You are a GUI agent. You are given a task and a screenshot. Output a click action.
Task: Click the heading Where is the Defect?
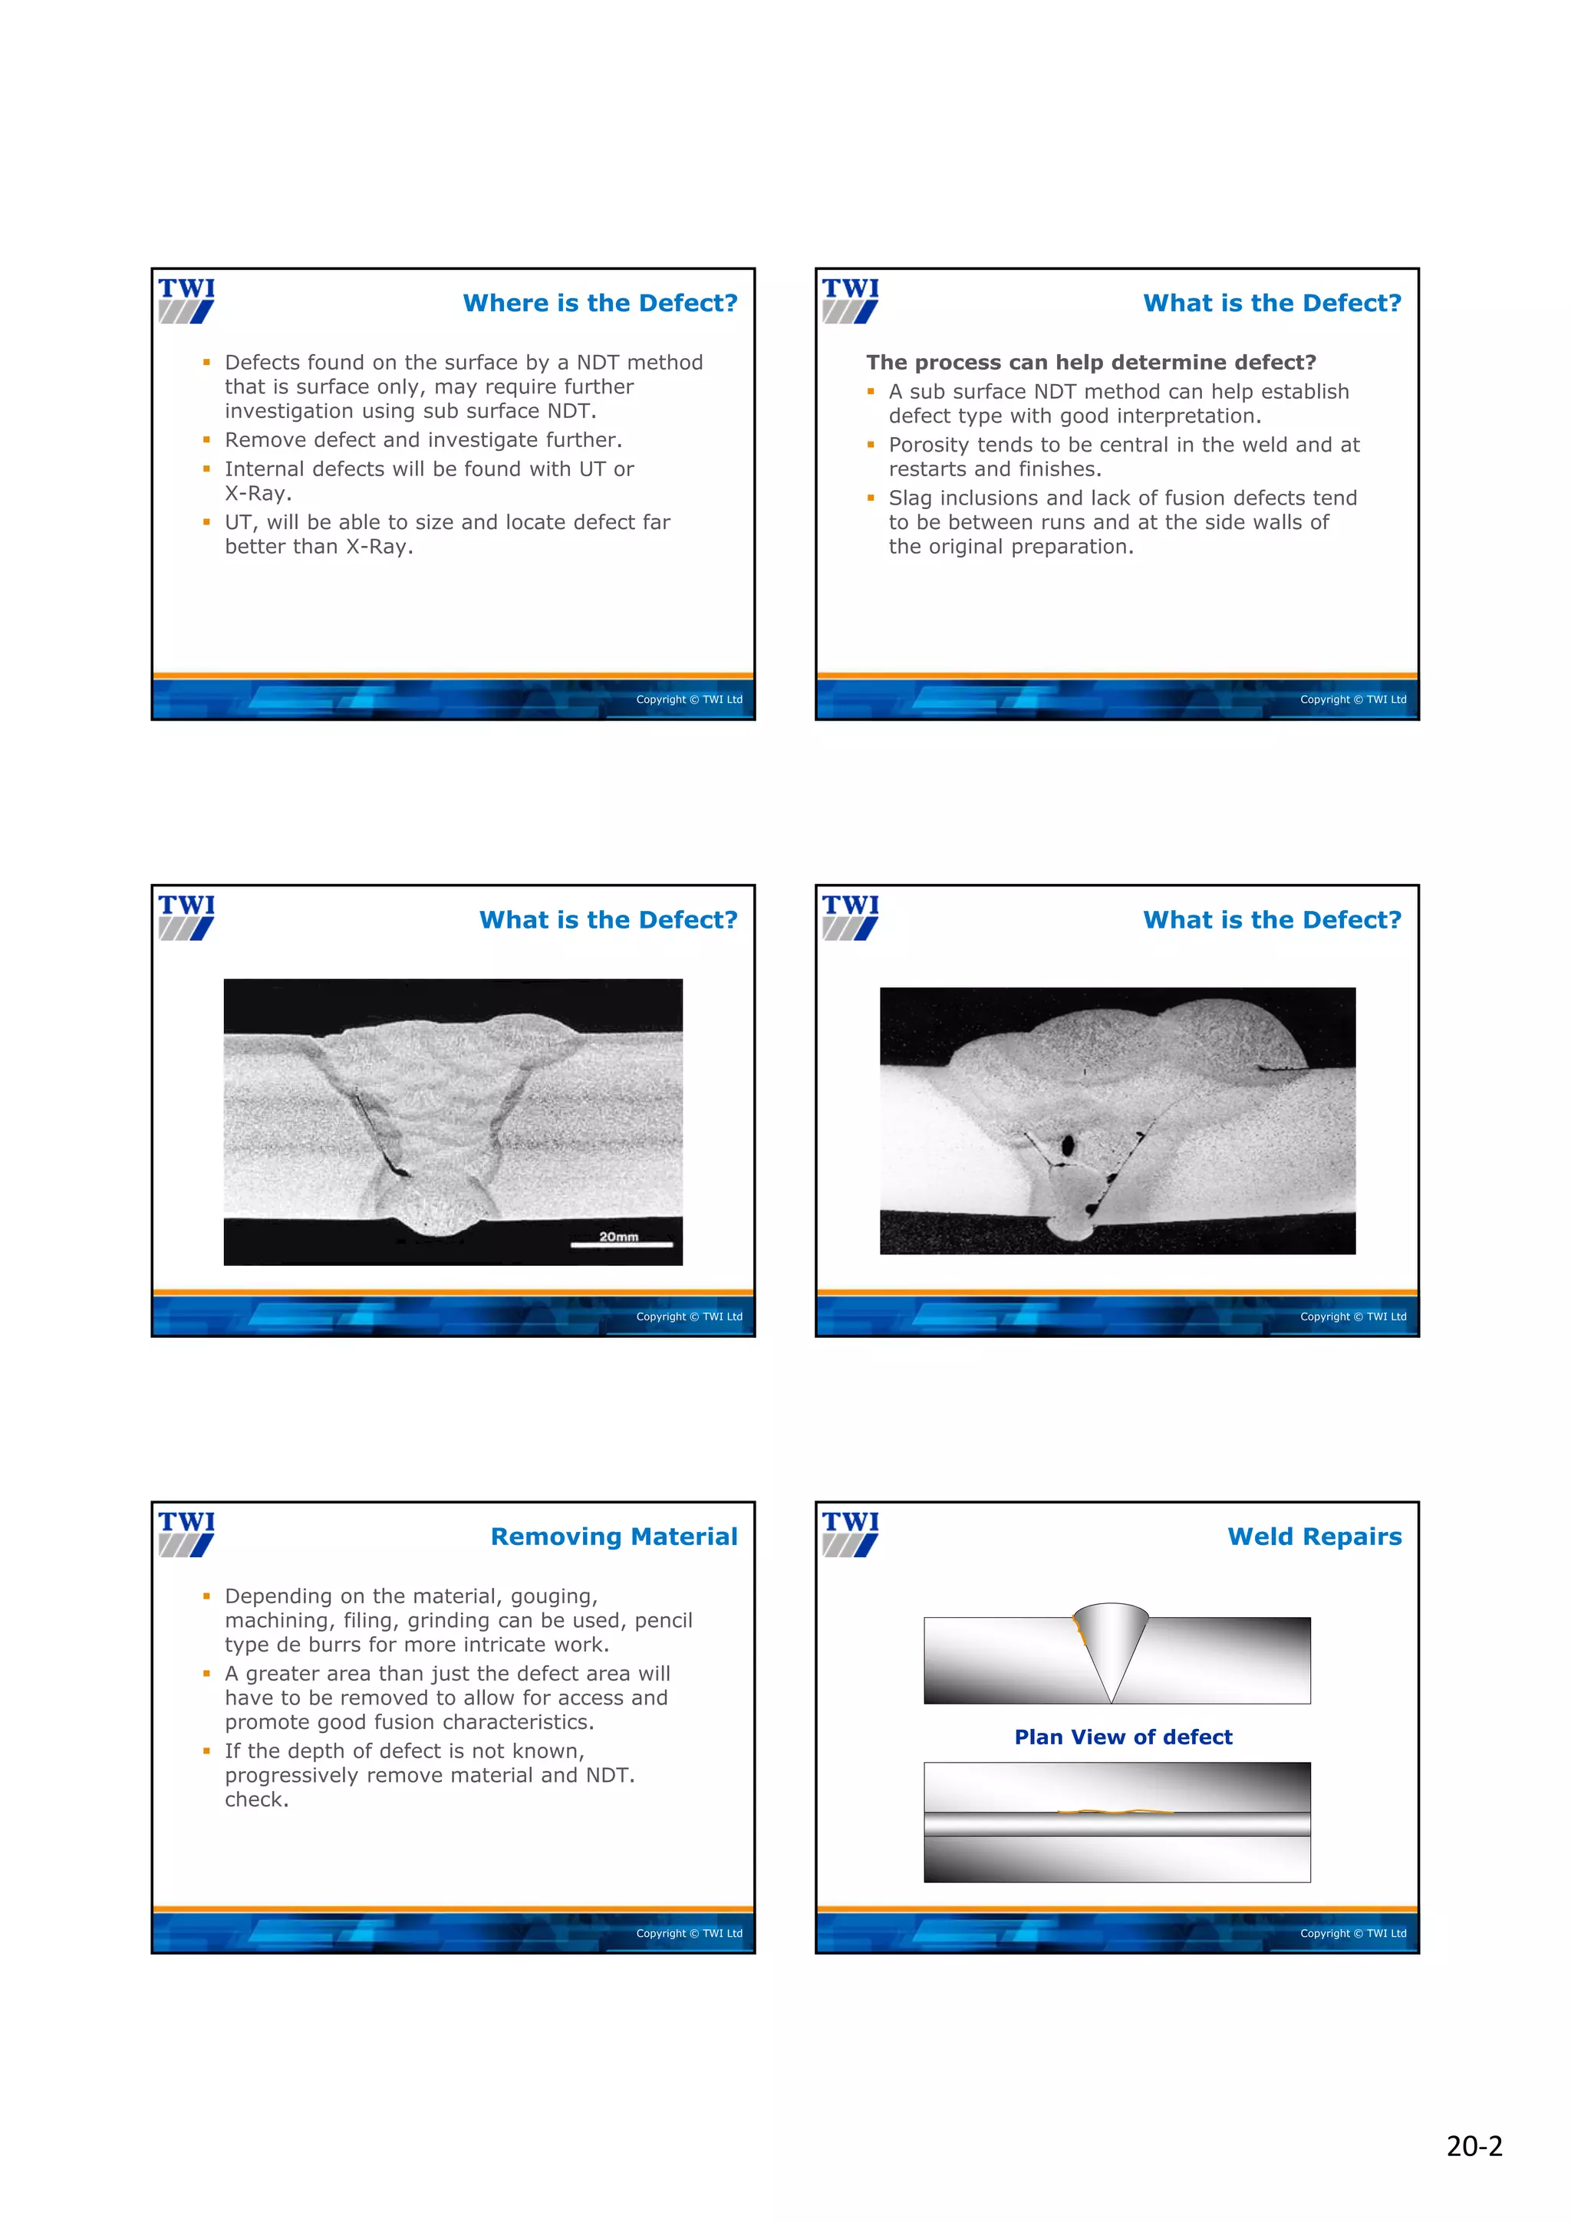pos(599,303)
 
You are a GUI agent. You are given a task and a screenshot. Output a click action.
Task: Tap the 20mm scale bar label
pos(618,1236)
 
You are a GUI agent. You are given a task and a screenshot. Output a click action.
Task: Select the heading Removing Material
pos(614,1536)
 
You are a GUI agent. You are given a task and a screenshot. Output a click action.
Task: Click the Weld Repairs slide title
pos(1313,1536)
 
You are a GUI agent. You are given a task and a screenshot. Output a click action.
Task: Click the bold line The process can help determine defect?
pos(1091,362)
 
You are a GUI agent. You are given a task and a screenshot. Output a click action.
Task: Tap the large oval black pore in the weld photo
pos(1068,1146)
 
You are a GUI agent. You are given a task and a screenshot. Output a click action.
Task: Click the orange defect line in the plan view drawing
pos(1113,1811)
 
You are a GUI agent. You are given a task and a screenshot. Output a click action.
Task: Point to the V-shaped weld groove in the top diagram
pos(1112,1645)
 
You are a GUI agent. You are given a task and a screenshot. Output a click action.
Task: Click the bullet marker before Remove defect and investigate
pos(206,439)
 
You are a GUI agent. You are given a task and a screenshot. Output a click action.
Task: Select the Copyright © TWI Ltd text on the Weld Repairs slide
pos(1352,1933)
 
